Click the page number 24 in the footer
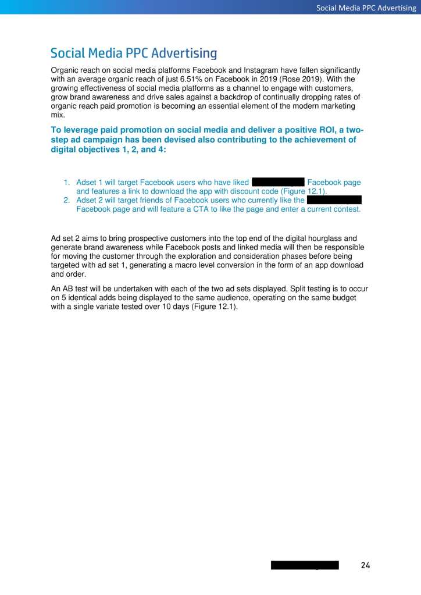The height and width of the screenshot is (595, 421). [365, 565]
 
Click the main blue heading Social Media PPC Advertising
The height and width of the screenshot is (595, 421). [134, 54]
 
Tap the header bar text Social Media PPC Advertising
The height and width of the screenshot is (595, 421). [366, 8]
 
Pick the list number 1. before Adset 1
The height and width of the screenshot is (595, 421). [67, 183]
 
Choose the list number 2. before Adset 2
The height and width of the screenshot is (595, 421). [67, 200]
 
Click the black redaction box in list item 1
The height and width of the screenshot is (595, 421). [278, 182]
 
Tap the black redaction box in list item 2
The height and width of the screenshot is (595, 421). [334, 200]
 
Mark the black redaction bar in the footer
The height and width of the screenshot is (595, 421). [305, 565]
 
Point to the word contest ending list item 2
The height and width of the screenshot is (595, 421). [346, 209]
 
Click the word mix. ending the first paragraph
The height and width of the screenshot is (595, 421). [58, 115]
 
